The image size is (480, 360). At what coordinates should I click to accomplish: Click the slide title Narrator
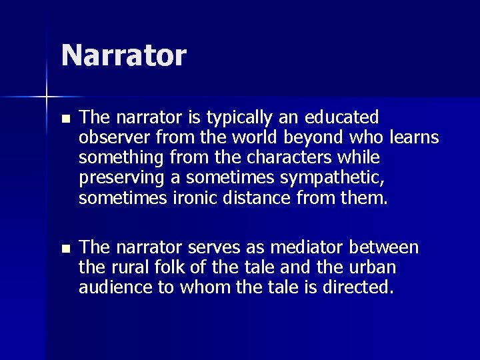tap(123, 55)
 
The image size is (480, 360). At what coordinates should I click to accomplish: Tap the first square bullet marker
tap(64, 119)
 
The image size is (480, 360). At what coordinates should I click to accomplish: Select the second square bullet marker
tap(64, 249)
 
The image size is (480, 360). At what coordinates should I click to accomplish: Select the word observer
tap(108, 137)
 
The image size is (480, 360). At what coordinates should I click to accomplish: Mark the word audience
tap(108, 288)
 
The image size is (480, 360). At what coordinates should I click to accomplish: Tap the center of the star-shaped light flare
tap(47, 97)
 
